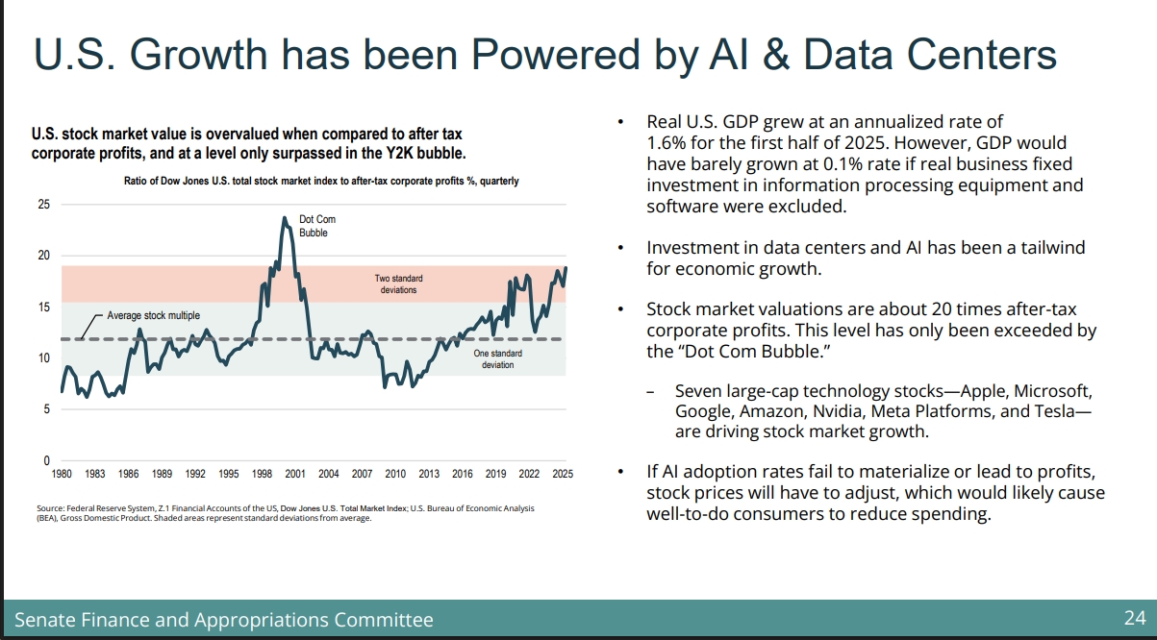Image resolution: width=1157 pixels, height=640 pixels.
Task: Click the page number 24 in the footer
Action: (1135, 618)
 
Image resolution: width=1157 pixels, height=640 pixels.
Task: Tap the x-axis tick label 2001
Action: (295, 474)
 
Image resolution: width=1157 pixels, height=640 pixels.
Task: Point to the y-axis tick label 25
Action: (43, 205)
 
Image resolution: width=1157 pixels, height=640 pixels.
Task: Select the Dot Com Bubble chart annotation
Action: (317, 226)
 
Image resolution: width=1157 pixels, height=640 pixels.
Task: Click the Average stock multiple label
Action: (153, 315)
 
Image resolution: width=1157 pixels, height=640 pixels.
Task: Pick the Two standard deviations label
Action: (398, 283)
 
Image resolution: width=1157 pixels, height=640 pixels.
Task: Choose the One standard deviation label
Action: (498, 359)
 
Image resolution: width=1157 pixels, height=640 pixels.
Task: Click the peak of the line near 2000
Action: (285, 218)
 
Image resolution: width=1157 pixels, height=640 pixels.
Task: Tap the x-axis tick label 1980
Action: (62, 474)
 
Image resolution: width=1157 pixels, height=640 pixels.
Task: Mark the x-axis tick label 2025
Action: (563, 474)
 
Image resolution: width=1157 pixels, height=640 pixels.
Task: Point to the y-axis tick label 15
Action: (43, 308)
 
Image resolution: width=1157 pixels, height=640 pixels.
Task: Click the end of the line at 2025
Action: (566, 268)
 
